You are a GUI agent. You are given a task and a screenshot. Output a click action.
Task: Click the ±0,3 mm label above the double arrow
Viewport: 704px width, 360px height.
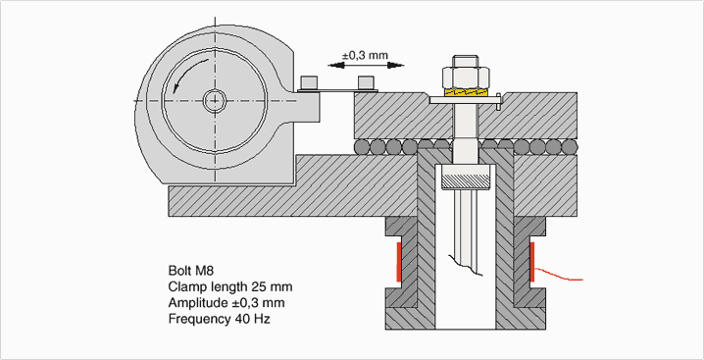pyautogui.click(x=365, y=55)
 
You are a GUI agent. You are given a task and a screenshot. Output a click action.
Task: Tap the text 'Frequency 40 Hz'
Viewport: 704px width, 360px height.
pyautogui.click(x=219, y=319)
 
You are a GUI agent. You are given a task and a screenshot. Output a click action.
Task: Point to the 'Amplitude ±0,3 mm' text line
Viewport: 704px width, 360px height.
pyautogui.click(x=226, y=303)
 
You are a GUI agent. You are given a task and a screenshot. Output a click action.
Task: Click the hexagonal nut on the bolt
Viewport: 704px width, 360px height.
pyautogui.click(x=465, y=77)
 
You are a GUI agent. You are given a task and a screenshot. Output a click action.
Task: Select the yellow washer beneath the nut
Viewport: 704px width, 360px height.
pyautogui.click(x=466, y=92)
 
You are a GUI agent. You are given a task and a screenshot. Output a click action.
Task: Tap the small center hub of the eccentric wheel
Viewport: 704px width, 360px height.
pyautogui.click(x=214, y=100)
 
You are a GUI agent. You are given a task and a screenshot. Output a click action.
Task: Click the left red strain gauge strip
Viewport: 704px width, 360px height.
pyautogui.click(x=399, y=262)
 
